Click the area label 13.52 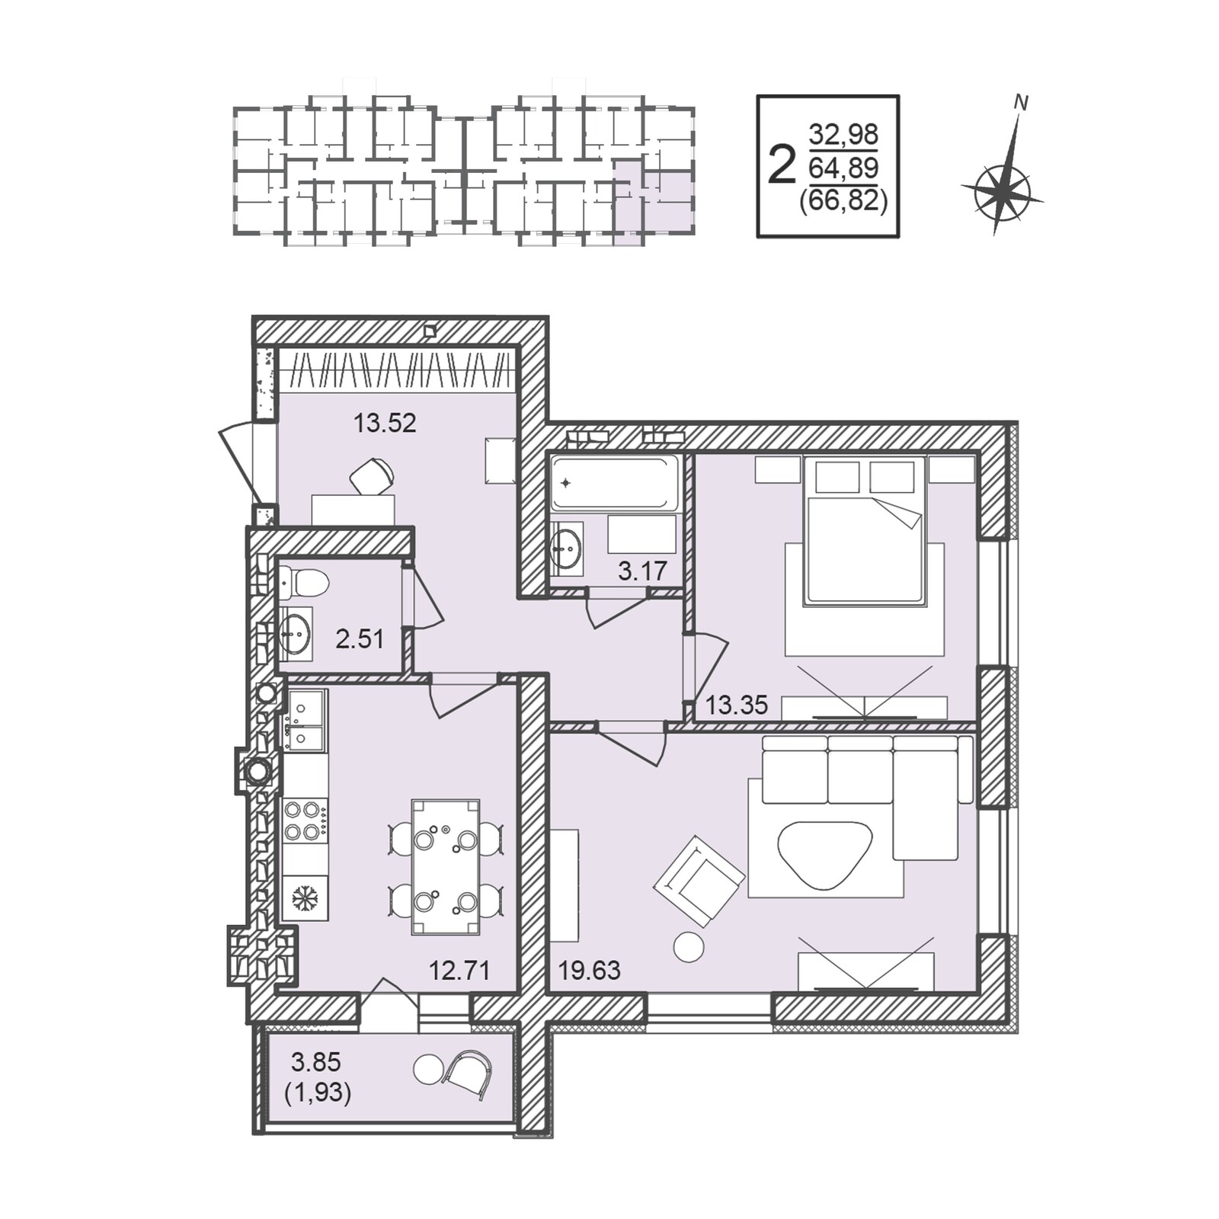385,423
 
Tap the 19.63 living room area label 590,971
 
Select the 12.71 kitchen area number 459,971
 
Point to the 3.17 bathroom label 642,571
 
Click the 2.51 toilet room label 360,638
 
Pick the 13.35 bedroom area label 736,705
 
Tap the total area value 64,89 843,167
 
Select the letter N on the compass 1021,102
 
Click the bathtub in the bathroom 615,482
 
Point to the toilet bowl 305,584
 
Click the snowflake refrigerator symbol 305,899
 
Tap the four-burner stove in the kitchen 305,821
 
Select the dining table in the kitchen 446,867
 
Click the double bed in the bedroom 865,531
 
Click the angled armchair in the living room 699,881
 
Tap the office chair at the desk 372,476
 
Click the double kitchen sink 305,720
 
